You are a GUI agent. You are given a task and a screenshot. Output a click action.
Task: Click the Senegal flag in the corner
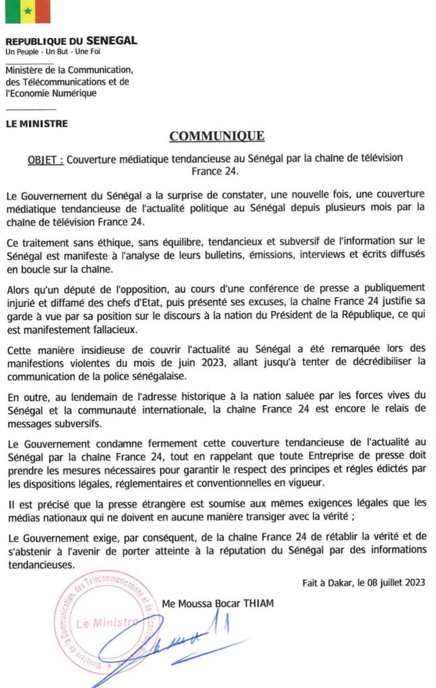(28, 11)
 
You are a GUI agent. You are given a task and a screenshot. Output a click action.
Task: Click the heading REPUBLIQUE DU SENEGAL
(71, 41)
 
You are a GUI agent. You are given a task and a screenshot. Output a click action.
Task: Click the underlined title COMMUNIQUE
(217, 136)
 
